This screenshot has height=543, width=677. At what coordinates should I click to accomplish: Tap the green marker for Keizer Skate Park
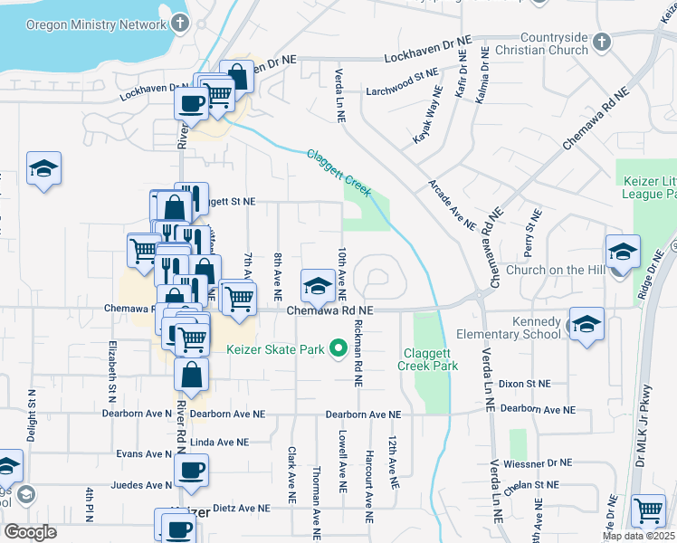[x=339, y=348]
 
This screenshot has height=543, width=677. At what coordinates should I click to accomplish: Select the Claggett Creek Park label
[x=428, y=359]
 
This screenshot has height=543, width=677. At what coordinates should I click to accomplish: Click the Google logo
[x=30, y=532]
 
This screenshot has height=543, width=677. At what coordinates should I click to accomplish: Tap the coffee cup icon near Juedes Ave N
[x=191, y=472]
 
